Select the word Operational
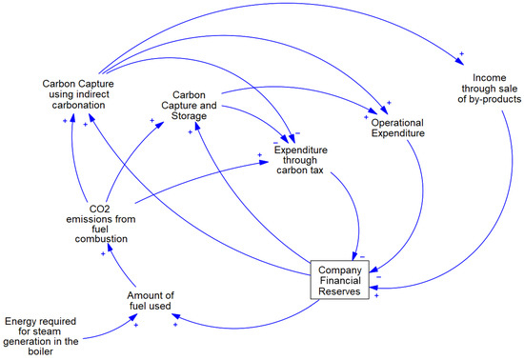point(397,121)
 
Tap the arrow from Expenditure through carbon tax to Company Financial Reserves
point(353,219)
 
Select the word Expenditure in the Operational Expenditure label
point(397,133)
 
